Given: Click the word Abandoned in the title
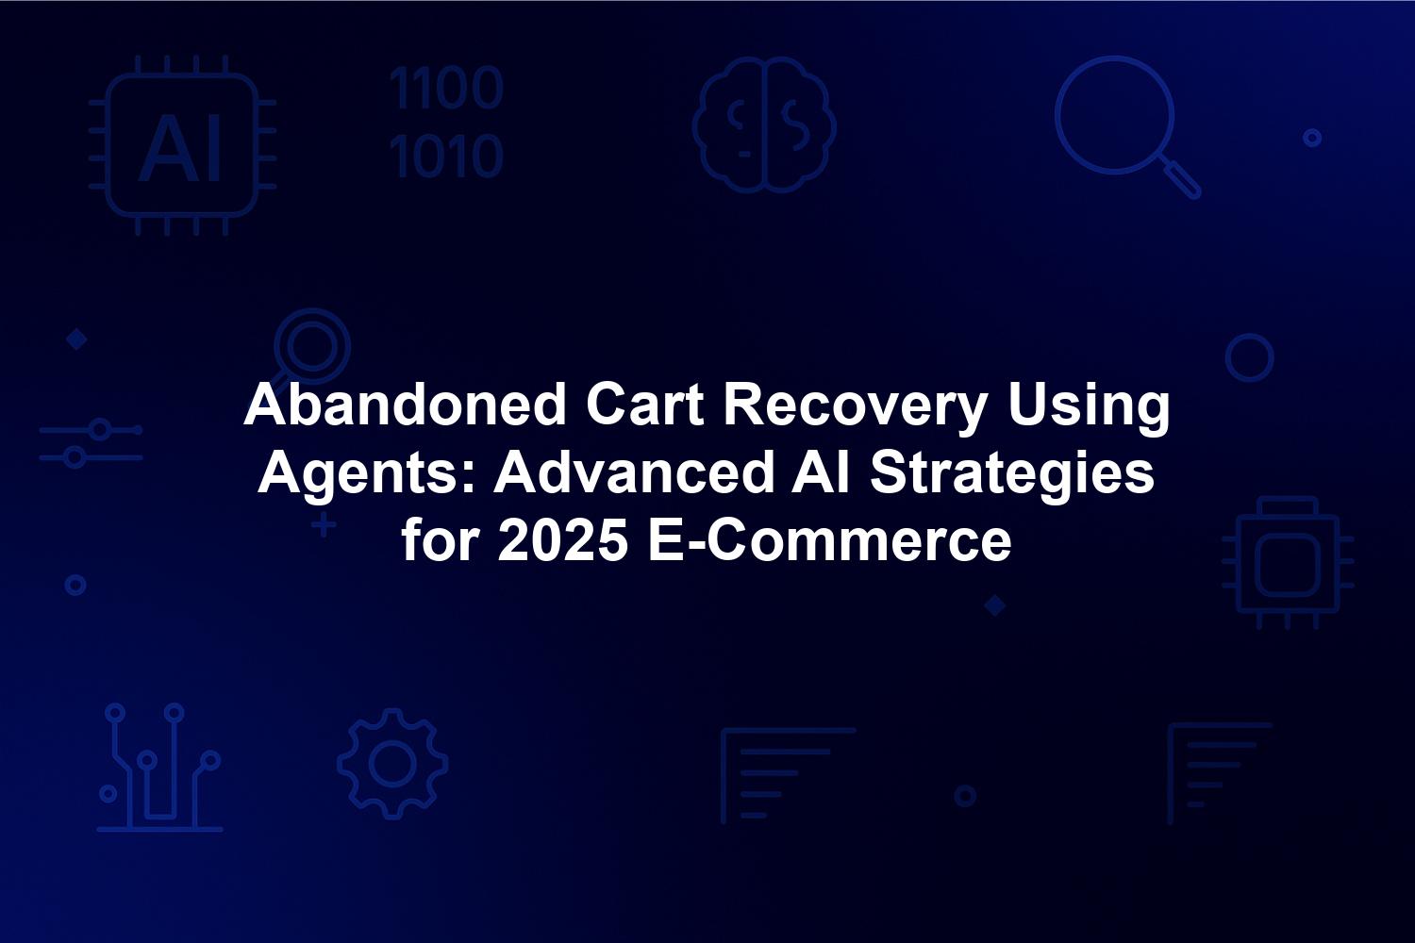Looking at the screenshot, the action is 405,405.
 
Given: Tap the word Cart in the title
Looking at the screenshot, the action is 644,405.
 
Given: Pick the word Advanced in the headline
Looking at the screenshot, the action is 634,473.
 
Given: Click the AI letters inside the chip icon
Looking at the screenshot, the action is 180,149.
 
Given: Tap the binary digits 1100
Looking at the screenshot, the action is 446,88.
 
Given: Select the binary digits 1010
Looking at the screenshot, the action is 446,156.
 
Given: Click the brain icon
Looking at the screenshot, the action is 764,124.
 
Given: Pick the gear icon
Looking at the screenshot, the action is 393,764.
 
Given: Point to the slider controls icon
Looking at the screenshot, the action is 91,443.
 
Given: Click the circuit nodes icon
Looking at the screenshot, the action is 159,768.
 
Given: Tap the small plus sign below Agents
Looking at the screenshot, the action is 324,525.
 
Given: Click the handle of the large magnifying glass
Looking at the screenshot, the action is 1180,179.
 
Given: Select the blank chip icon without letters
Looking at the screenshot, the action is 1288,563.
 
